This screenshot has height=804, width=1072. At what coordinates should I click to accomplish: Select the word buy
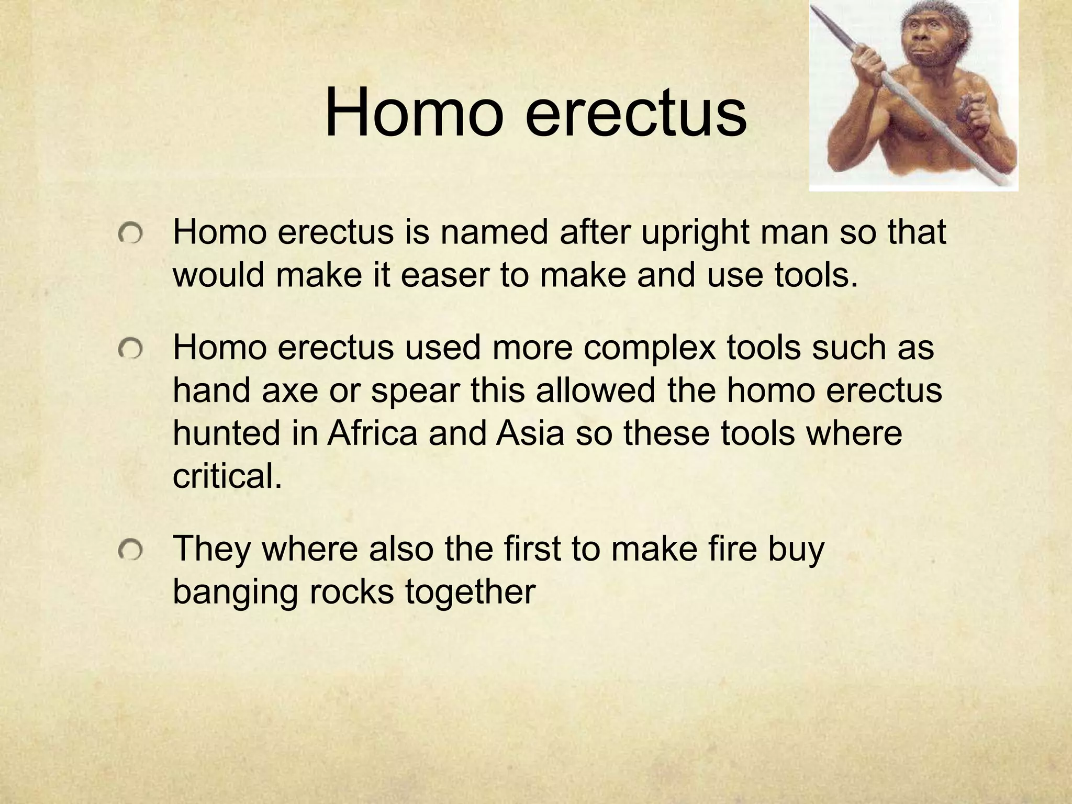click(x=796, y=550)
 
